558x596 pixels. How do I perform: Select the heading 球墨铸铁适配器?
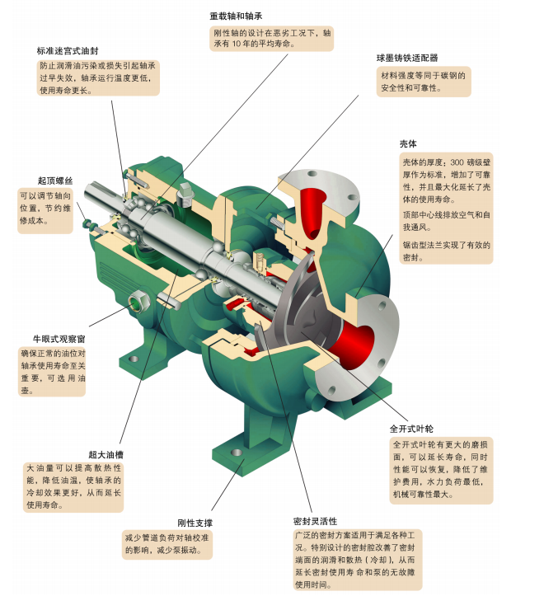(x=407, y=59)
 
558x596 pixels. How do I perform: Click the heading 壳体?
(x=409, y=143)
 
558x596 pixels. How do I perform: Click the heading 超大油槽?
(x=106, y=454)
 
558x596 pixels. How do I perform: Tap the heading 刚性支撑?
(x=195, y=523)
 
